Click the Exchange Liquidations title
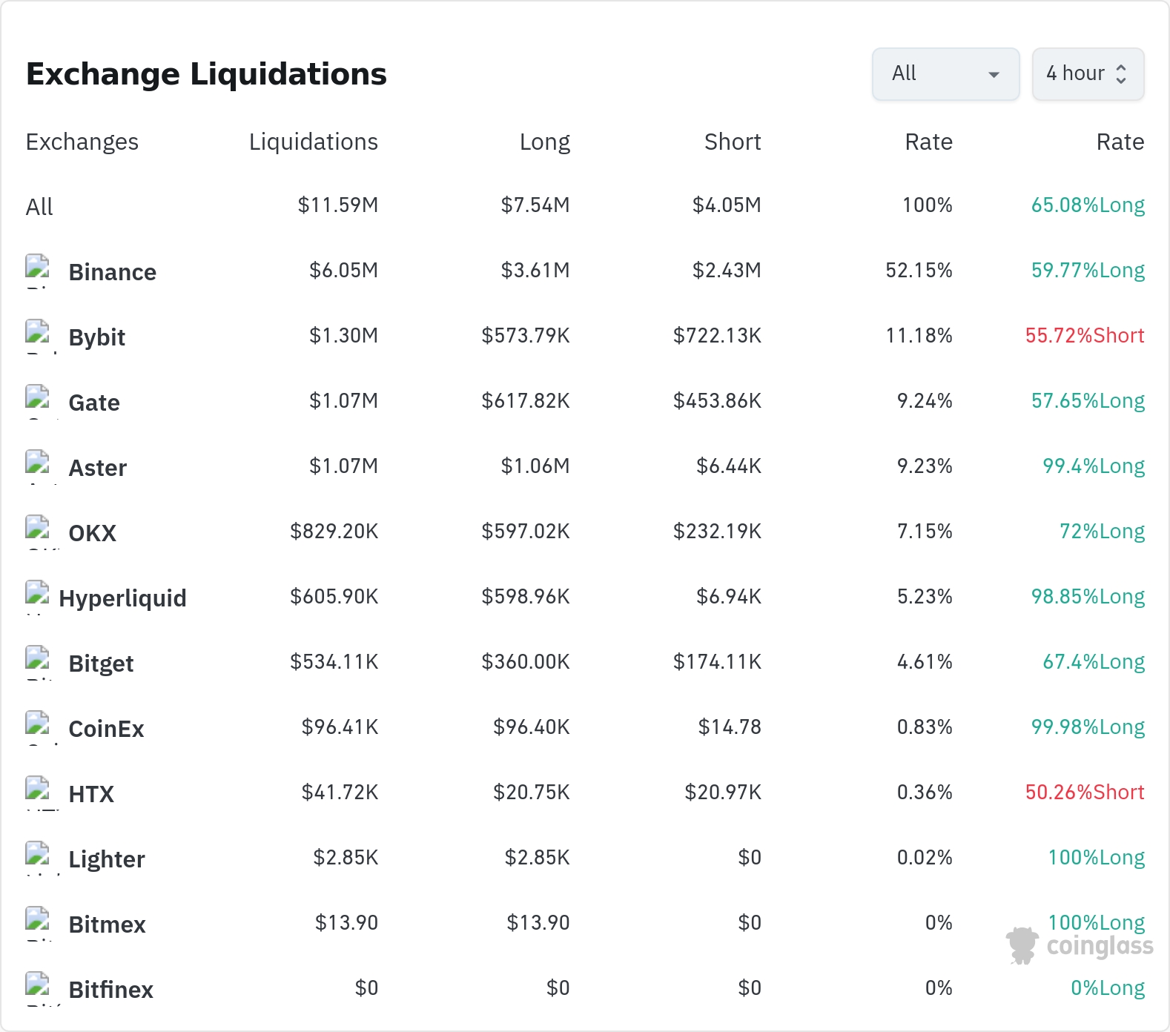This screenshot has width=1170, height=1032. coord(206,74)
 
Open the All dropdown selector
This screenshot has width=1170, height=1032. coord(945,74)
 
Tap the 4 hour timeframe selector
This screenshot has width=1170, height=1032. coord(1088,74)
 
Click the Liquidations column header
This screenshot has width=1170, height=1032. coord(314,142)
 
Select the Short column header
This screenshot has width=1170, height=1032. coord(733,142)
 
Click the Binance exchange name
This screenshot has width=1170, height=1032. coord(113,272)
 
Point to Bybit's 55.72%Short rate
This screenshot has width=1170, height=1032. coord(1085,336)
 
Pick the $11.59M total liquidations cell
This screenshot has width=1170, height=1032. coord(338,205)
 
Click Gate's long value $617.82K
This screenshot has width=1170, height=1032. coord(526,401)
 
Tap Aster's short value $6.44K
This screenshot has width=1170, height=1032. coord(729,466)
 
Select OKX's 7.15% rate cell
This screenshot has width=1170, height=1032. coord(925,532)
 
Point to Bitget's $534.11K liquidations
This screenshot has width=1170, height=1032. coord(334,662)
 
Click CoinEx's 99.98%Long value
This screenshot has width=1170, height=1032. coord(1088,727)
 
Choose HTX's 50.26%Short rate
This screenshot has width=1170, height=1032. coord(1085,793)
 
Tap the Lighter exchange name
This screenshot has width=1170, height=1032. coord(107,860)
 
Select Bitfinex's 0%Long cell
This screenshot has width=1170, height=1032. coord(1108,988)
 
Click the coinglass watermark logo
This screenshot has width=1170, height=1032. coord(1080,946)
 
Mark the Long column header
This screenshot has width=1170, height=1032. coord(545,142)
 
